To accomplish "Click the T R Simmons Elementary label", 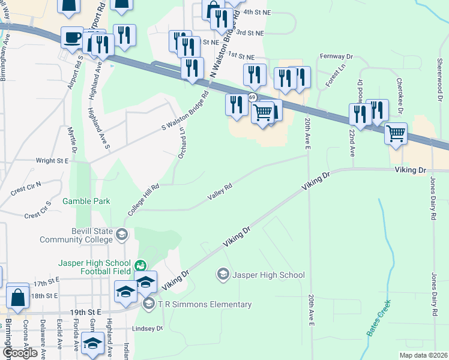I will (205, 304).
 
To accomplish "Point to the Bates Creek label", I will (379, 317).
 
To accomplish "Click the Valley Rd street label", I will (220, 193).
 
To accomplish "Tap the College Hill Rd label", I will (143, 200).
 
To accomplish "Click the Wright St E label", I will (52, 161).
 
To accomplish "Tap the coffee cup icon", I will (72, 37).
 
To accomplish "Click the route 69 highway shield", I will (253, 97).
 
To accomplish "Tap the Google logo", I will (20, 353).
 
